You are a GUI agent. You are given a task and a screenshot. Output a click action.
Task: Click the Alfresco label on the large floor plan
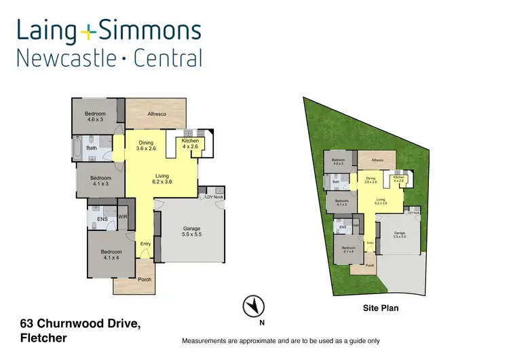[x=157, y=114]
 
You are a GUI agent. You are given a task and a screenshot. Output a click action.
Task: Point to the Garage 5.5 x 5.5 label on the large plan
[x=191, y=232]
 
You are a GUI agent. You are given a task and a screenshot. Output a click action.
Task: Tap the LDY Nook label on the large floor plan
[x=214, y=197]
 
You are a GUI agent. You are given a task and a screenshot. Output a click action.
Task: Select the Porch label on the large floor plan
[x=145, y=280]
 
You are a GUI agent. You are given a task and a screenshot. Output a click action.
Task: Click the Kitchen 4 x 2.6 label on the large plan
[x=190, y=143]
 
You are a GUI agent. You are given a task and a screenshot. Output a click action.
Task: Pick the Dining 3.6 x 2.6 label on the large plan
[x=146, y=145]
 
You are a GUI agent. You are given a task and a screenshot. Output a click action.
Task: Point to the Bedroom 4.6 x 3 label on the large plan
[x=95, y=116]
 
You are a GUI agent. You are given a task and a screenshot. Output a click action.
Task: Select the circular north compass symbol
[x=252, y=305]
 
